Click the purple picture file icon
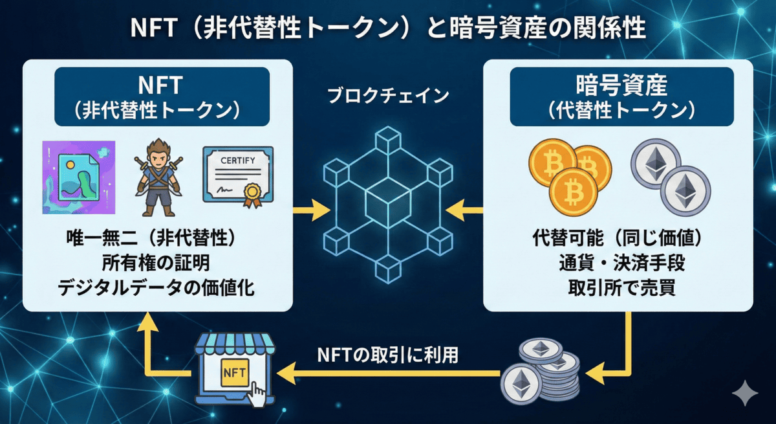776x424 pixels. pos(78,177)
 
